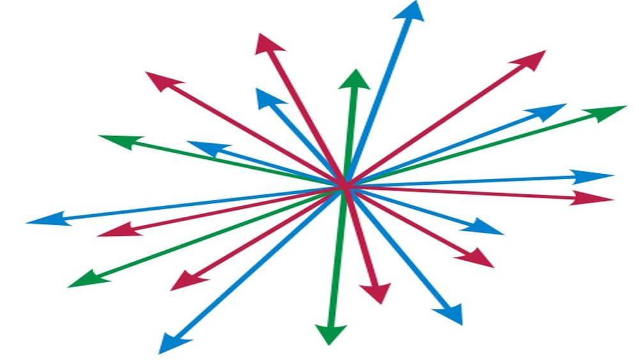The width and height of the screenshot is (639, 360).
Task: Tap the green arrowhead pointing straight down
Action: pos(331,334)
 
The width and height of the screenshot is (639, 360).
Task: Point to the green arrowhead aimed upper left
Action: pos(115,140)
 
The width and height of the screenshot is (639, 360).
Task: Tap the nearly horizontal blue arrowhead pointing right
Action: pos(594,176)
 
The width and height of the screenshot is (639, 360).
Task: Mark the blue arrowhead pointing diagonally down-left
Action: pos(169,343)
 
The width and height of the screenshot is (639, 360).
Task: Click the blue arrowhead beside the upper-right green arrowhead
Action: pos(550,111)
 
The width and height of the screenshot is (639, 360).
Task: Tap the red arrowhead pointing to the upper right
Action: pos(530,60)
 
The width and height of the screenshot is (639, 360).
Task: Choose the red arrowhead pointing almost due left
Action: pos(115,230)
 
